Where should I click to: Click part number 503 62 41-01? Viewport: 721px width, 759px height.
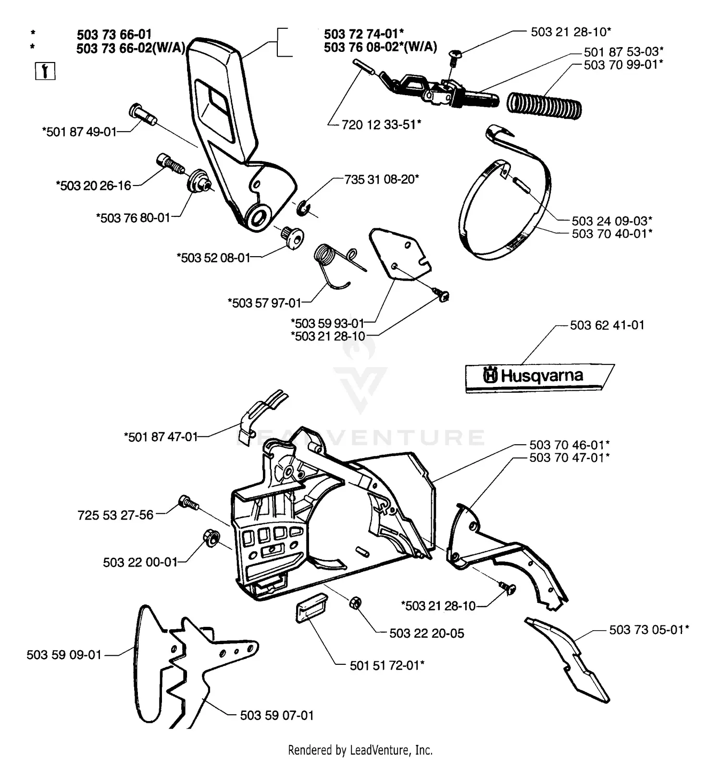pyautogui.click(x=607, y=325)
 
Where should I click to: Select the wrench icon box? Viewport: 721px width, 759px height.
pyautogui.click(x=45, y=71)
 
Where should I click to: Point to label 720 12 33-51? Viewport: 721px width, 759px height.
pyautogui.click(x=381, y=124)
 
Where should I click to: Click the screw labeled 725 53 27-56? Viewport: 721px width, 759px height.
pyautogui.click(x=188, y=502)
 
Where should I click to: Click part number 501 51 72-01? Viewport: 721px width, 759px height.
pyautogui.click(x=386, y=665)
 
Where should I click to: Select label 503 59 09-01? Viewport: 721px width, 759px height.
pyautogui.click(x=64, y=655)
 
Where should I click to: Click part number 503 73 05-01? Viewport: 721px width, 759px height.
pyautogui.click(x=648, y=630)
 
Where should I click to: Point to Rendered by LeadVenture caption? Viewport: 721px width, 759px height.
pyautogui.click(x=360, y=750)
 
